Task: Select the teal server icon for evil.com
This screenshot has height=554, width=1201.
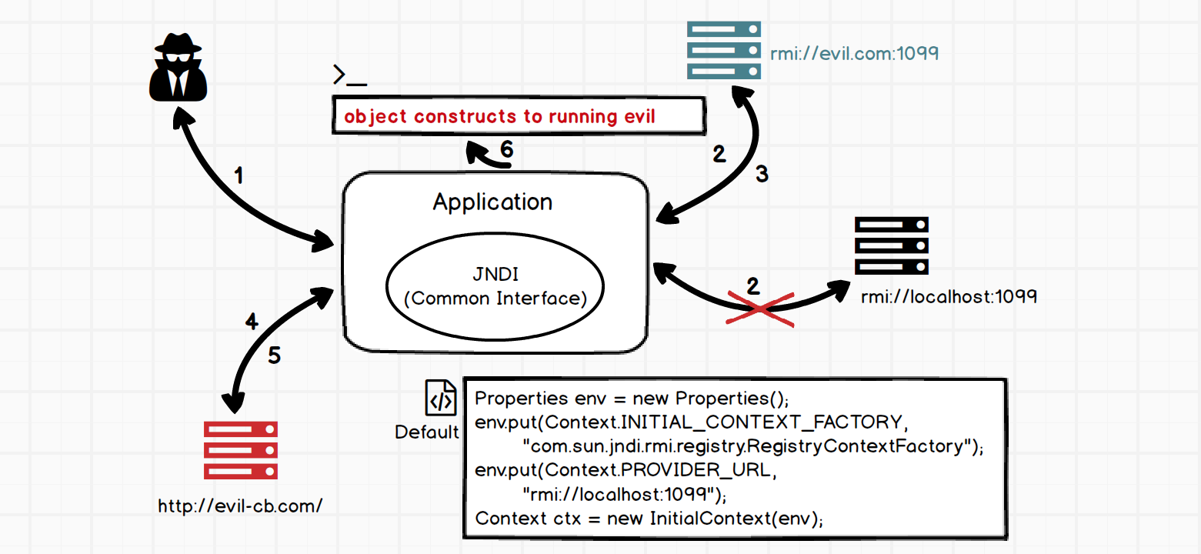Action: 723,51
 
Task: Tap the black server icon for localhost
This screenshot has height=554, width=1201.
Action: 892,246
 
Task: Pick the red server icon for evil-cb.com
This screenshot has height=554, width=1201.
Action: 240,450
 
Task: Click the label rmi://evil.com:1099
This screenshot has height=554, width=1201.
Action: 854,54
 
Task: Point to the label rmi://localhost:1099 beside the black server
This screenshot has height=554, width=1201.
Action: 949,296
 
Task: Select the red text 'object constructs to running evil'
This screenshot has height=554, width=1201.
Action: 499,117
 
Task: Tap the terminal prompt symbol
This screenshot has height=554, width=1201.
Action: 349,75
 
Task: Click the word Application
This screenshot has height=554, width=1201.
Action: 492,202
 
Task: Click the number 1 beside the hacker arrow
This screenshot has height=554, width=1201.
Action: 239,176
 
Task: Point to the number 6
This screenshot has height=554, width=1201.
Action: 507,149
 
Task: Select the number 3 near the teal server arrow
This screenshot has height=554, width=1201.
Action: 762,175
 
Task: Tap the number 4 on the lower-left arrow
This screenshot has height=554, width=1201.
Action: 252,322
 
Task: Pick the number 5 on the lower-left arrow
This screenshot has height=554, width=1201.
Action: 275,355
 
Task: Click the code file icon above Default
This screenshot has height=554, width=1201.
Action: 441,399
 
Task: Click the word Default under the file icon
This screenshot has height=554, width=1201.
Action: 427,432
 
